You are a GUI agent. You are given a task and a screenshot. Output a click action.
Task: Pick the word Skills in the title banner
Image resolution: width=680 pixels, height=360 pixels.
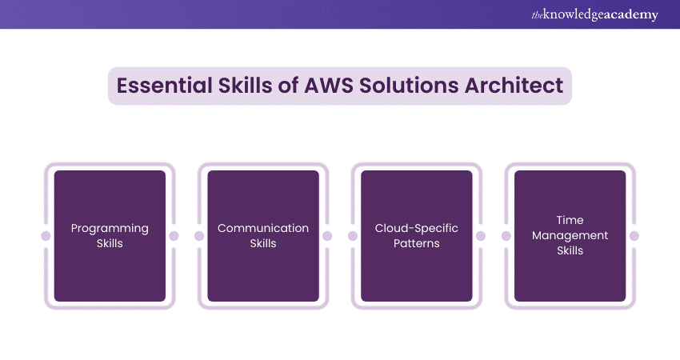point(241,86)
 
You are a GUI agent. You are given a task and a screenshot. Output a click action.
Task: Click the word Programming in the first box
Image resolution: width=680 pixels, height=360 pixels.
point(110,228)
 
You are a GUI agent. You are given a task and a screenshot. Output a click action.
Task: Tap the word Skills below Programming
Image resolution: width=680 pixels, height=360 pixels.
point(110,243)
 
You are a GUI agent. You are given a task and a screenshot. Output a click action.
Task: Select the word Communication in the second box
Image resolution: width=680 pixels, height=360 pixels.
point(263,228)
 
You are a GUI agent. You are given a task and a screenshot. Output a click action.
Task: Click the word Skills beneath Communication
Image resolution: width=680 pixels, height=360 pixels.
point(263,243)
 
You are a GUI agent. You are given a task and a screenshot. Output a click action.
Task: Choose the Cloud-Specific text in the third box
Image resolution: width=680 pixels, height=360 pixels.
point(417,228)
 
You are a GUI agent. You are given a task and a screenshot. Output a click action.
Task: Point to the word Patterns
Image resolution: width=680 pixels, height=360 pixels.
point(417,243)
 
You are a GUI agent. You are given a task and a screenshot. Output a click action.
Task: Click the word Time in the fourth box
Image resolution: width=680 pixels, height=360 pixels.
point(570,220)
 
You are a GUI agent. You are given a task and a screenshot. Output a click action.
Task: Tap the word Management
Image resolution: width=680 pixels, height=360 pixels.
point(570,235)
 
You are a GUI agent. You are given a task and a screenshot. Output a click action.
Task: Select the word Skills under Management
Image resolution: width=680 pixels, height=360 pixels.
point(570,250)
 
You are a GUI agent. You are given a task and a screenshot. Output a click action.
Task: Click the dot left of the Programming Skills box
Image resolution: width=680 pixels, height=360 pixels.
point(46,236)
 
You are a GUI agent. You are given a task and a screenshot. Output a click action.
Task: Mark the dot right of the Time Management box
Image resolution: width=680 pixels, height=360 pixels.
point(634,236)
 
